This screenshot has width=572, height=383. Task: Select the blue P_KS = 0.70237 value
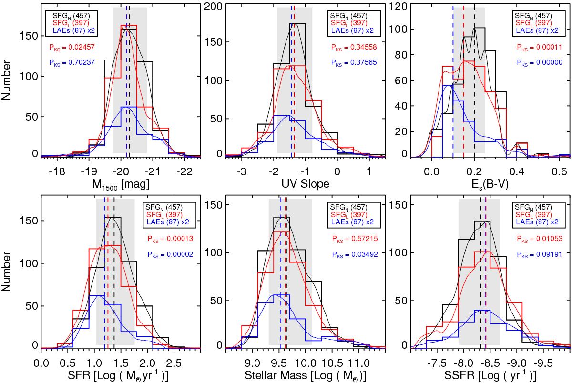70,61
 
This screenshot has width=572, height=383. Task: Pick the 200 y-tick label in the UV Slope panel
212,7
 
